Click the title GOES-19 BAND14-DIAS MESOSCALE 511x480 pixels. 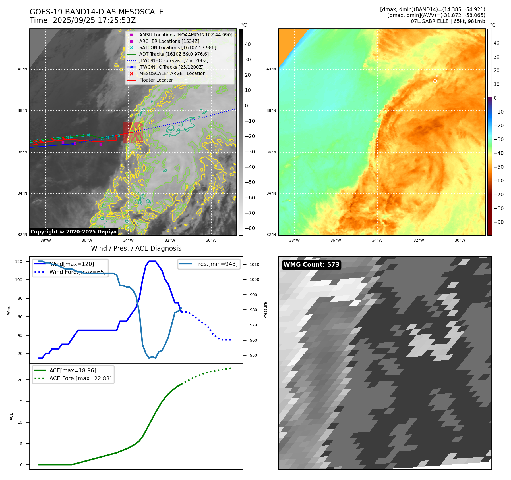pyautogui.click(x=96, y=12)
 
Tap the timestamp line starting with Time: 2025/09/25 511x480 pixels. pyautogui.click(x=82, y=20)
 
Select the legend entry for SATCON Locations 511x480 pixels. pyautogui.click(x=177, y=47)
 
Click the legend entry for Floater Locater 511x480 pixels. pyautogui.click(x=156, y=80)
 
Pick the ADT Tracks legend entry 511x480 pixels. pyautogui.click(x=174, y=54)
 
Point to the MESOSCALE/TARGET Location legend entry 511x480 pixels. pyautogui.click(x=172, y=73)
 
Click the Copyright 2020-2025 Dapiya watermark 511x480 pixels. pyautogui.click(x=73, y=232)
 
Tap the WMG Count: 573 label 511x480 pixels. pyautogui.click(x=311, y=265)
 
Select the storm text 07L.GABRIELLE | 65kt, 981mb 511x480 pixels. pyautogui.click(x=448, y=21)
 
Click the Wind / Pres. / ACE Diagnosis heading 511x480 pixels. pyautogui.click(x=136, y=248)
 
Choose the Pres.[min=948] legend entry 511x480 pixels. pyautogui.click(x=216, y=264)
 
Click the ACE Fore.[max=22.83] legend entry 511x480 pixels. pyautogui.click(x=80, y=378)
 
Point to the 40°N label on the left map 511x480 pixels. pyautogui.click(x=22, y=69)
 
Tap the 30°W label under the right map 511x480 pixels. pyautogui.click(x=460, y=240)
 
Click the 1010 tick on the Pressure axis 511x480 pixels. pyautogui.click(x=254, y=264)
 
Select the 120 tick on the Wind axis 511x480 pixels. pyautogui.click(x=19, y=262)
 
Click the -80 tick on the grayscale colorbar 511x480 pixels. pyautogui.click(x=250, y=228)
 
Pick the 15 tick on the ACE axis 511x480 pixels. pyautogui.click(x=20, y=401)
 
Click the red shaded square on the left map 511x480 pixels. pyautogui.click(x=132, y=132)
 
